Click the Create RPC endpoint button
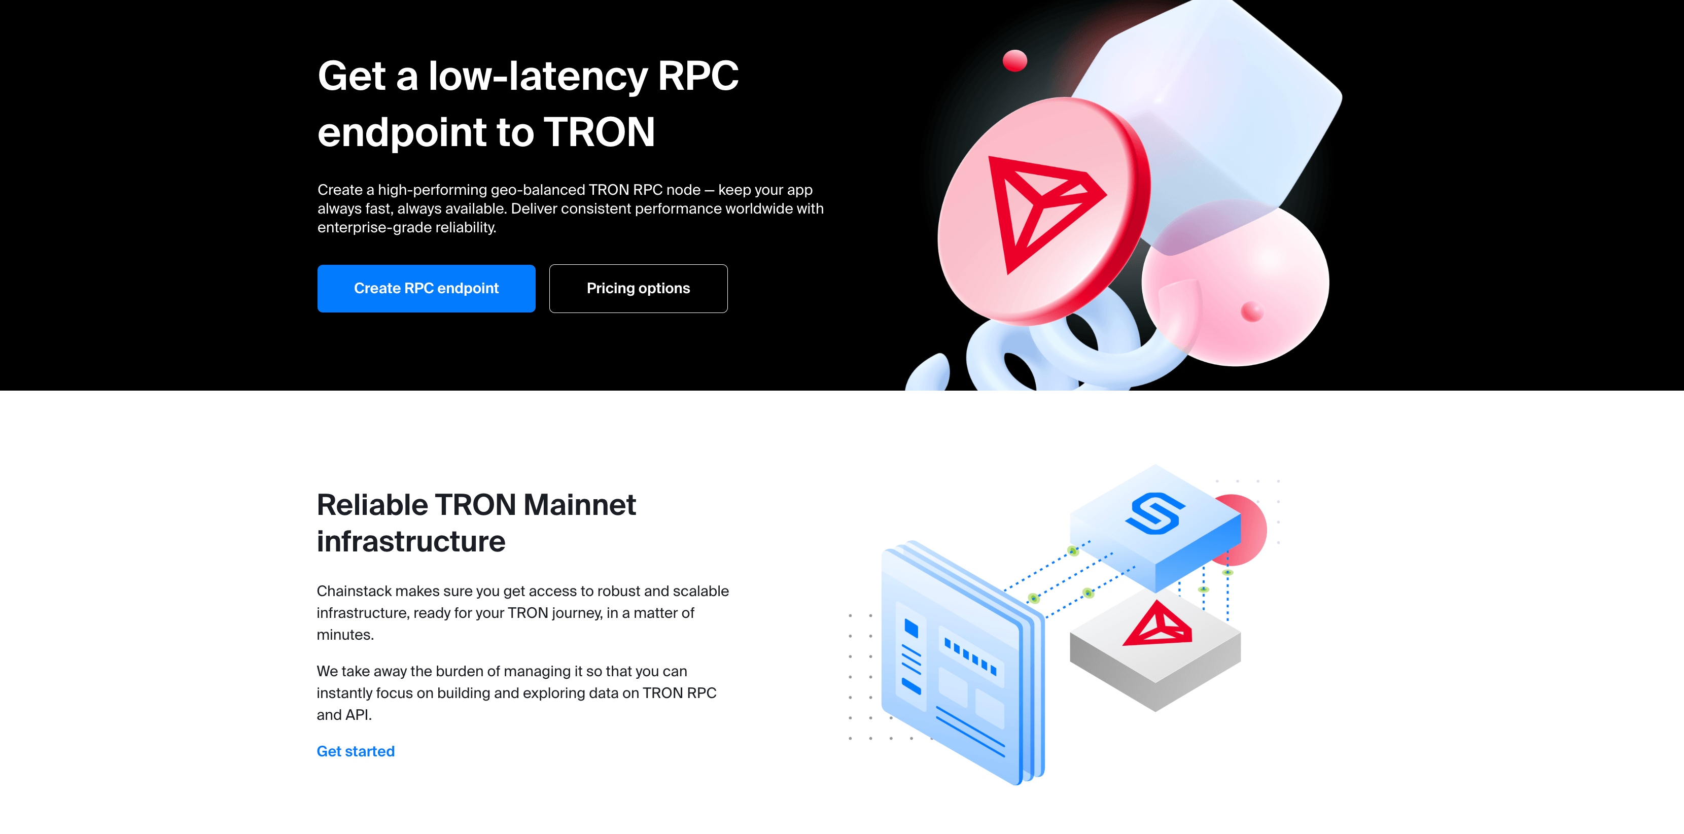pos(426,288)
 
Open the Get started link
pos(356,751)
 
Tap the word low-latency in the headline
pos(537,77)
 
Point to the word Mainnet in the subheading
pos(579,505)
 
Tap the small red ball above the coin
pos(1014,61)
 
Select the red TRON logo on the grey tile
pos(1157,625)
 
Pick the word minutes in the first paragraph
pos(344,635)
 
